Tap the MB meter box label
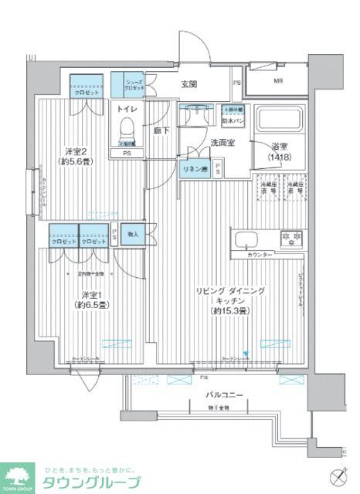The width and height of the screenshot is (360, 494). (277, 80)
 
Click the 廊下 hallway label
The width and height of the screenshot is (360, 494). (161, 131)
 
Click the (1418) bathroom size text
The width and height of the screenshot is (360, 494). (280, 158)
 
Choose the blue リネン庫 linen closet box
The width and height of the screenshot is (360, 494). (193, 168)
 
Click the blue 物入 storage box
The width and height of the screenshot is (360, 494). (132, 234)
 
